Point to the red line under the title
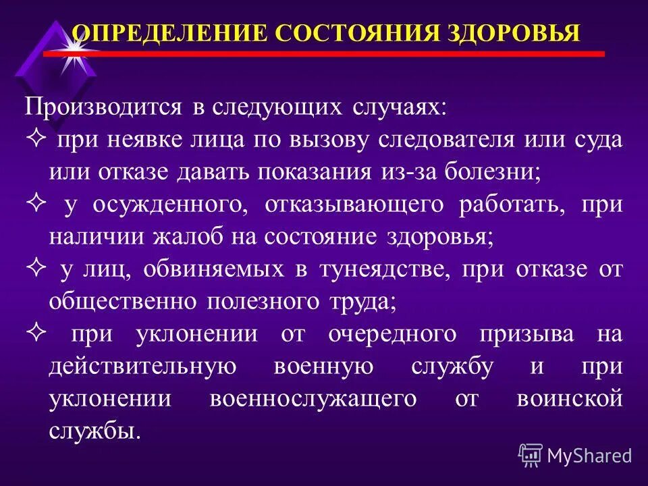(x=324, y=53)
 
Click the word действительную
(x=142, y=366)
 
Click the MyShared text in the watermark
(x=589, y=456)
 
